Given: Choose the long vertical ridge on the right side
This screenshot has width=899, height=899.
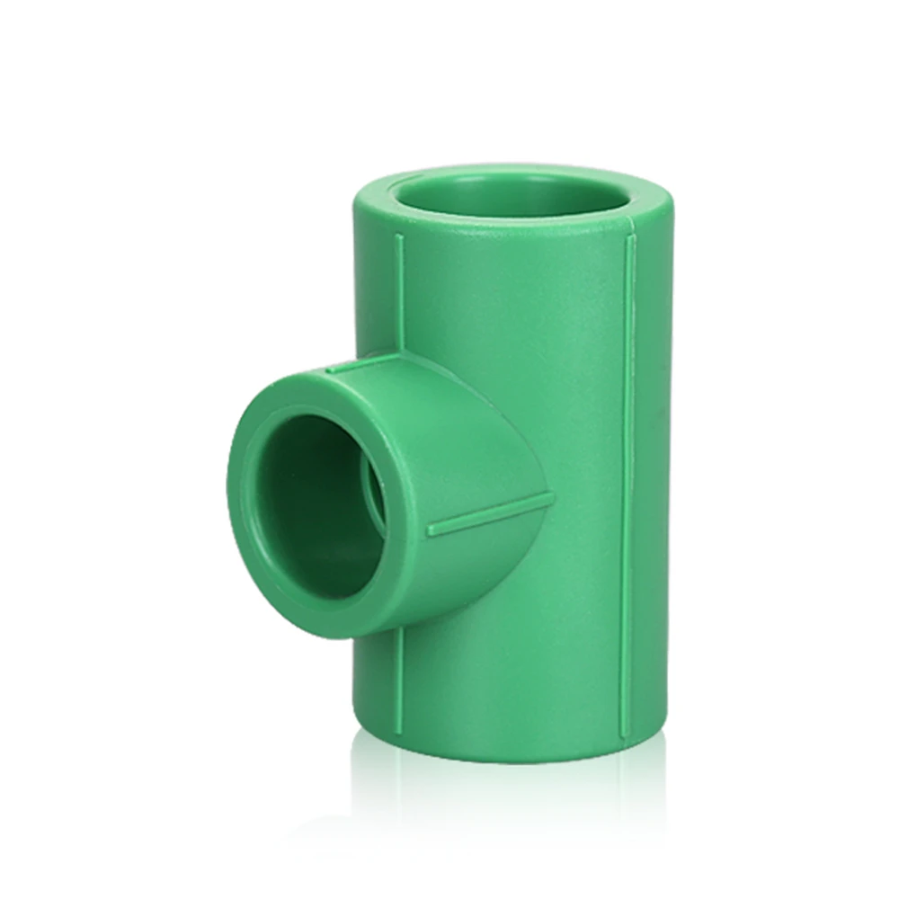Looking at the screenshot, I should pos(628,476).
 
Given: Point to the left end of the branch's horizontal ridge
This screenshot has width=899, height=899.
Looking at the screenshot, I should pos(430,530).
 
